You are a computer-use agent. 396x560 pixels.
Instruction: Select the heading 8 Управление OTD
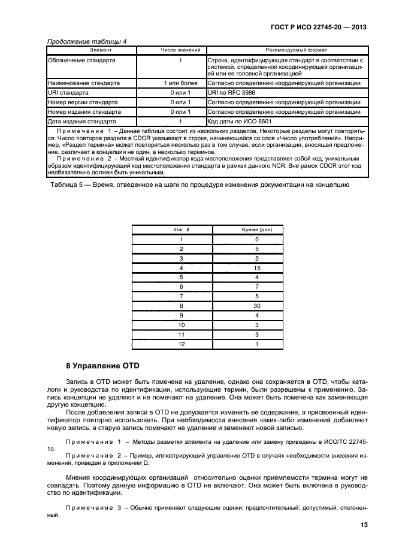(x=102, y=366)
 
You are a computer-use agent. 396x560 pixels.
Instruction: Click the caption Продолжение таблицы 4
(x=86, y=41)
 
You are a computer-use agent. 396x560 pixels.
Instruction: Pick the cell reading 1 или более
(x=180, y=83)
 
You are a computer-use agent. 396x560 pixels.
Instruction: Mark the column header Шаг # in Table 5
(x=181, y=230)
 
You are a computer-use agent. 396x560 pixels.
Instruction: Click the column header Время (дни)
(x=256, y=230)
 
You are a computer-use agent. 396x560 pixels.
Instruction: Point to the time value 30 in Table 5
(x=256, y=305)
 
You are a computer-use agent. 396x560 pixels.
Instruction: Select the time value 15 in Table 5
(x=256, y=268)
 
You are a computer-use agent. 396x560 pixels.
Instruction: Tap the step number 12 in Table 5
(x=181, y=344)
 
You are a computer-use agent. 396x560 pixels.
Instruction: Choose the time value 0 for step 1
(x=256, y=240)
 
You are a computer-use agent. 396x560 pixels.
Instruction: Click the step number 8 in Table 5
(x=181, y=305)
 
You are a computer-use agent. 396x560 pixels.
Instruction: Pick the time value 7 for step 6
(x=256, y=287)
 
